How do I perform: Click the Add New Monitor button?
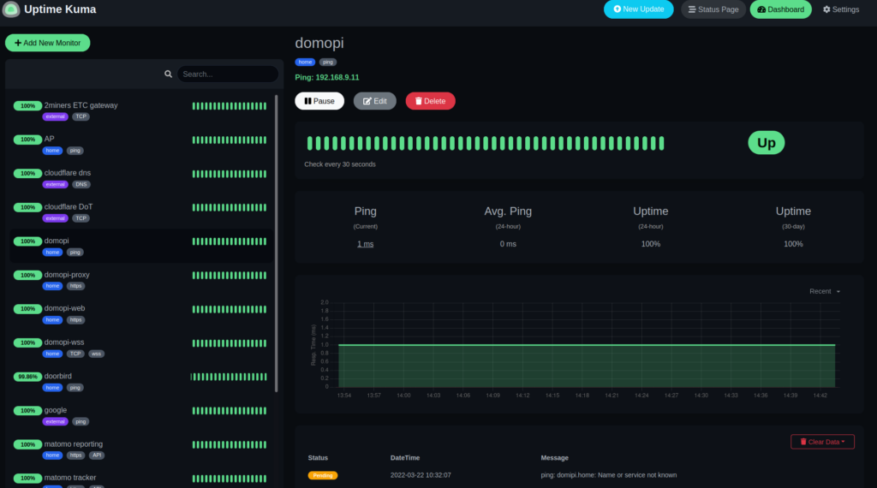click(47, 43)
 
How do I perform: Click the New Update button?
click(638, 9)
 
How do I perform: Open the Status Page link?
click(713, 9)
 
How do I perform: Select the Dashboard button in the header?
click(780, 9)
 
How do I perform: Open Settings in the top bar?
click(840, 9)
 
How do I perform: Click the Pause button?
click(319, 101)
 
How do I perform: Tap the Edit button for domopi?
click(375, 101)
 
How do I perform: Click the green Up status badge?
click(766, 143)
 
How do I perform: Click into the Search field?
click(227, 74)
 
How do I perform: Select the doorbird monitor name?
click(58, 376)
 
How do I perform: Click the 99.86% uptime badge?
click(27, 377)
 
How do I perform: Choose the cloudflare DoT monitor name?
click(69, 206)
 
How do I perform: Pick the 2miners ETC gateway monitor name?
click(81, 105)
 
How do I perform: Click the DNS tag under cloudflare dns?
click(81, 184)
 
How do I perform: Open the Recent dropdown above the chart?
click(825, 291)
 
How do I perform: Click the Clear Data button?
click(822, 442)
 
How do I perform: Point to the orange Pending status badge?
click(323, 475)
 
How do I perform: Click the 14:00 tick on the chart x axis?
click(403, 396)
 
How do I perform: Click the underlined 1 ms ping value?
click(365, 244)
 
